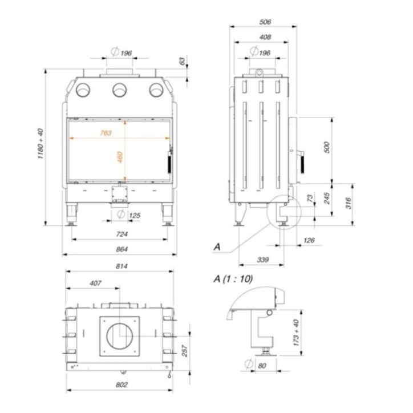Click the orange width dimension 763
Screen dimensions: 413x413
[x=105, y=132]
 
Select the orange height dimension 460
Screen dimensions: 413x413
[x=120, y=157]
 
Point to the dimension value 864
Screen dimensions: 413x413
[x=122, y=249]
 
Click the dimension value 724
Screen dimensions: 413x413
[x=122, y=234]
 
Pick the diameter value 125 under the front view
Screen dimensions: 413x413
[x=135, y=215]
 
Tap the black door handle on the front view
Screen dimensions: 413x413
[x=169, y=162]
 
